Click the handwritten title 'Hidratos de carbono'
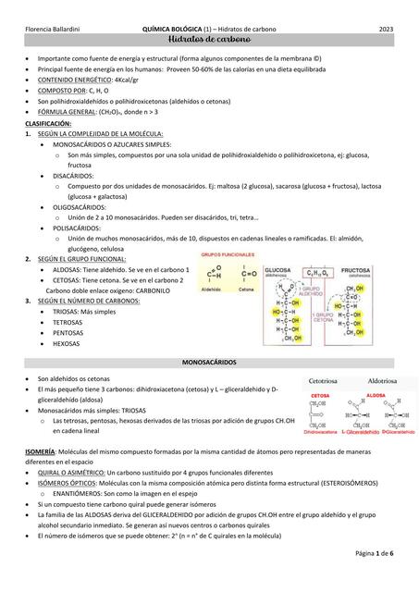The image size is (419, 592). coord(210,43)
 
